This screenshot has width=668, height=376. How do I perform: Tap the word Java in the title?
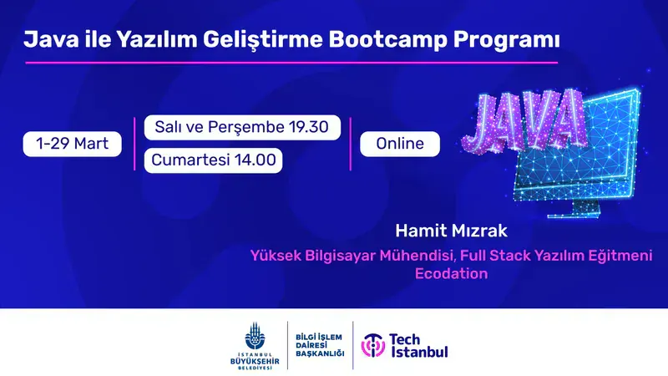pyautogui.click(x=47, y=39)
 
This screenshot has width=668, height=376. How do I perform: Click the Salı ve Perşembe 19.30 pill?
pyautogui.click(x=242, y=128)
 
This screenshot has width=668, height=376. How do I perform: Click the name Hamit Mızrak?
pyautogui.click(x=451, y=228)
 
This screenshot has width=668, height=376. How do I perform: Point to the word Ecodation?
pyautogui.click(x=451, y=273)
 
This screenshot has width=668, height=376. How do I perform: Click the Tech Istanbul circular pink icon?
pyautogui.click(x=372, y=344)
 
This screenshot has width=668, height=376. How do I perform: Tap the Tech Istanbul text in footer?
pyautogui.click(x=418, y=344)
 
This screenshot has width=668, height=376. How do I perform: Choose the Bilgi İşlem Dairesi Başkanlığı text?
pyautogui.click(x=320, y=344)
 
